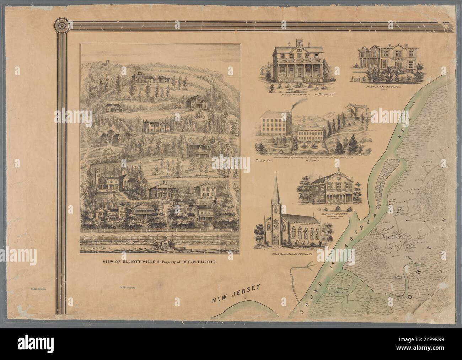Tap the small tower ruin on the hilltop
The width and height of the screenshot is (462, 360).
pyautogui.click(x=106, y=63)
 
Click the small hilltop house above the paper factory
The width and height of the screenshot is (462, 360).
pyautogui.click(x=354, y=110)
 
